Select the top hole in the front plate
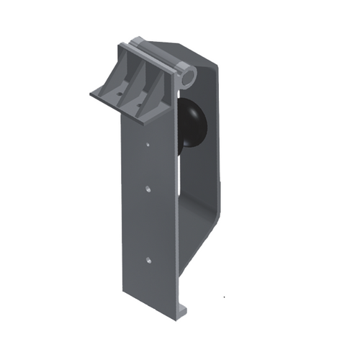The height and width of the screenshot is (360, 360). [148, 144]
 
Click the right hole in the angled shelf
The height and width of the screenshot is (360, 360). [140, 105]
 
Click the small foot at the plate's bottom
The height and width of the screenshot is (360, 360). [182, 310]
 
